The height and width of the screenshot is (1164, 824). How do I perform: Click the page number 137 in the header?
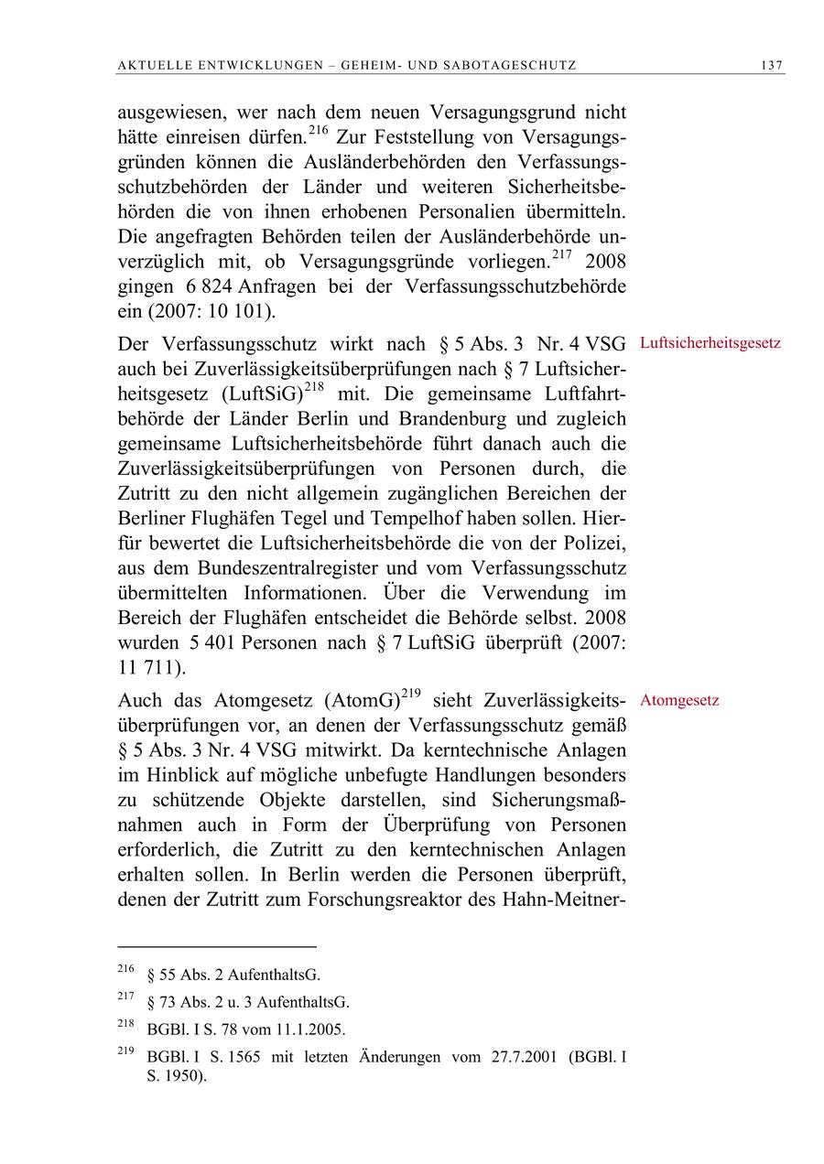click(x=772, y=65)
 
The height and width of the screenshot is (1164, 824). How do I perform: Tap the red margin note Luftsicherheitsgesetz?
click(x=710, y=343)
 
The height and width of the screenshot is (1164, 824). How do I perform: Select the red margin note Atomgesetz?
click(x=679, y=701)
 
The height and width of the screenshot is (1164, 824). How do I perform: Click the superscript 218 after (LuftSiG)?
click(x=315, y=388)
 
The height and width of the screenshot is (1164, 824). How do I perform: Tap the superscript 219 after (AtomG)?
click(x=410, y=694)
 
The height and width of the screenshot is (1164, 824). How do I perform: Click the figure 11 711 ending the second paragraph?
click(x=151, y=667)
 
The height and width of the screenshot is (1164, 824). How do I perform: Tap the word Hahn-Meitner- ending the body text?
click(x=563, y=898)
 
